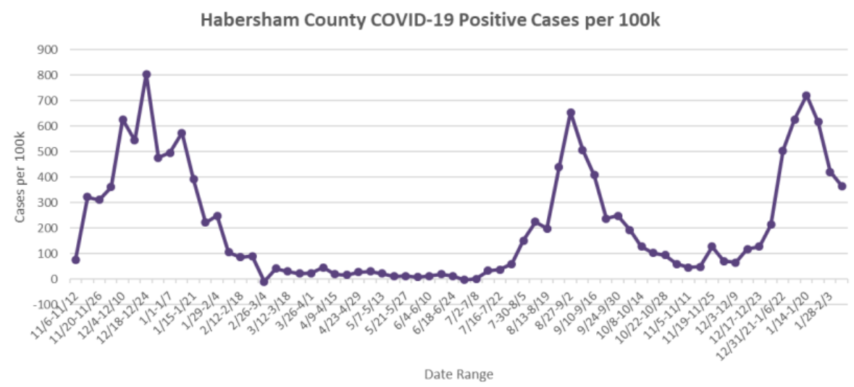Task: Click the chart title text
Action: (430, 20)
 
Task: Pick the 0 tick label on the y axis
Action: (54, 279)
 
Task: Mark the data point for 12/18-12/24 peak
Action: (146, 74)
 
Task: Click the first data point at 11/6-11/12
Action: (75, 259)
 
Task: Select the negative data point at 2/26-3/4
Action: (264, 281)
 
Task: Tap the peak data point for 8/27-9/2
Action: (571, 112)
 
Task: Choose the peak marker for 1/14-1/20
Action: (806, 96)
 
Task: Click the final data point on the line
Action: (842, 186)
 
